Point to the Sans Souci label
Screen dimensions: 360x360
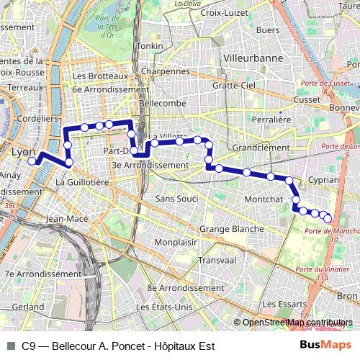click(176, 198)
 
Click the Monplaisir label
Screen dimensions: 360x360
click(176, 243)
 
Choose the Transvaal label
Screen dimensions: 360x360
click(217, 260)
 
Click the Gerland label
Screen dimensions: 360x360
click(28, 306)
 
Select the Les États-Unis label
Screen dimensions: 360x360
click(163, 307)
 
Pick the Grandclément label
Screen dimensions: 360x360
click(261, 147)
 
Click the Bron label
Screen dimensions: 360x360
click(347, 296)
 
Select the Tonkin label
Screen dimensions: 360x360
click(150, 46)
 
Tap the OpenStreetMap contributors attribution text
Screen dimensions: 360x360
click(297, 323)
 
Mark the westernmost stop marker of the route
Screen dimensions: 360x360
click(32, 162)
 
